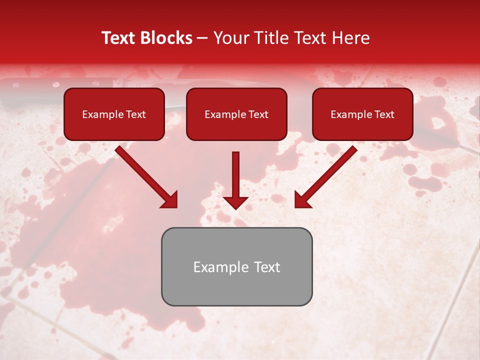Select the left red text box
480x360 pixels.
(x=114, y=114)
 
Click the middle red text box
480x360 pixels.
(x=236, y=114)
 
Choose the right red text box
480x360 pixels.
(x=362, y=114)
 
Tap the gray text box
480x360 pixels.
(x=236, y=266)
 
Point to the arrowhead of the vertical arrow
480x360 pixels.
(x=235, y=202)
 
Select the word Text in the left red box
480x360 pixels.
(x=135, y=114)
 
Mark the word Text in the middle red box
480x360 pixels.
(x=258, y=114)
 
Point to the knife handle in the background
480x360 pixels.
(x=30, y=92)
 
